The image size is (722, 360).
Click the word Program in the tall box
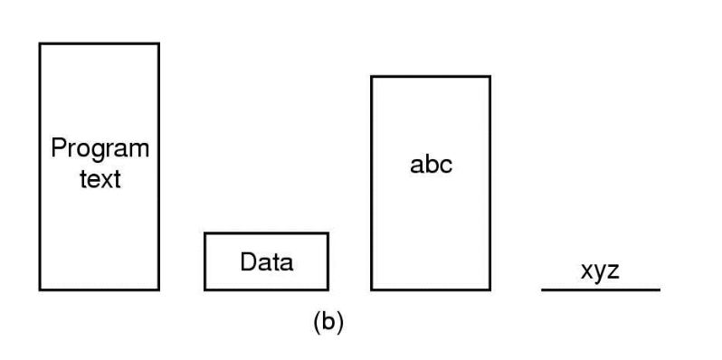pos(100,149)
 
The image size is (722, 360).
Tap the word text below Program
pos(100,179)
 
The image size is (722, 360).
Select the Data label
pos(267,262)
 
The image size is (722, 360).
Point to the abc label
pos(431,165)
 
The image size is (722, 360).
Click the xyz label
pos(600,271)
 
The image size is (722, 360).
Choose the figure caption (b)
pos(328,322)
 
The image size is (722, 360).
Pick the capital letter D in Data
pos(250,262)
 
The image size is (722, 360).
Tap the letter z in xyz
pos(613,271)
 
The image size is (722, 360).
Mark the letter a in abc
pos(416,166)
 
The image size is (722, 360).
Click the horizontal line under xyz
pos(601,290)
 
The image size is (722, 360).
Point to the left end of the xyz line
pos(541,290)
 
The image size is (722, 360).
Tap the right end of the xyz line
pos(660,290)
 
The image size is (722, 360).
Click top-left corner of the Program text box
pos(40,43)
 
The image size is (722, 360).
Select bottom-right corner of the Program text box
pos(159,290)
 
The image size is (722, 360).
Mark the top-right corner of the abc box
pos(490,76)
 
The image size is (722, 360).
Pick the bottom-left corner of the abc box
pos(372,290)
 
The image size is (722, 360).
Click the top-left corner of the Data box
pos(205,233)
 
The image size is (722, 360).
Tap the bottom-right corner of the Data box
pos(328,290)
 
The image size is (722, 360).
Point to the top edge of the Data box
pos(267,233)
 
